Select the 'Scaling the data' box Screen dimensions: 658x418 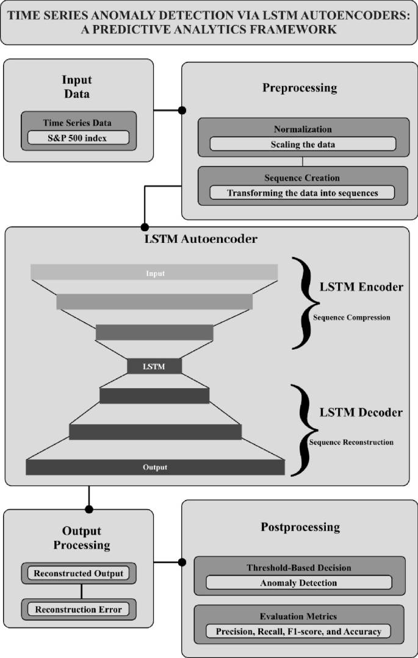coord(303,144)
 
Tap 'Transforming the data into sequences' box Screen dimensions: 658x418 coord(303,192)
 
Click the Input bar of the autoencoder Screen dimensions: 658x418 coord(154,273)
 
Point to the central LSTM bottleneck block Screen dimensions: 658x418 coord(154,366)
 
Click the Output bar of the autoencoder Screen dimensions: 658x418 coord(155,468)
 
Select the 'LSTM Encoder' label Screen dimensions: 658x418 coord(361,287)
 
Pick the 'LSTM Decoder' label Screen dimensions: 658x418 coord(361,413)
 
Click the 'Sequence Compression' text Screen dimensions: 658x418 coord(351,317)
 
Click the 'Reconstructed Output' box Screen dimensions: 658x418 coord(79,573)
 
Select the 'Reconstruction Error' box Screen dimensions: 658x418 coord(79,609)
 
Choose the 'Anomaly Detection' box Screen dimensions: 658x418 coord(299,582)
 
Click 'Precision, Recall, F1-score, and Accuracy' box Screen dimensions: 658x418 coord(299,631)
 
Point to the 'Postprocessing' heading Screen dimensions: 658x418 coord(300,527)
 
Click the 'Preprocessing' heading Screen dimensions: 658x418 coord(300,88)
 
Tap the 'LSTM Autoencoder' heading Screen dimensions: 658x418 coord(200,239)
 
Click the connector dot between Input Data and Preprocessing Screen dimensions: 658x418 coord(181,110)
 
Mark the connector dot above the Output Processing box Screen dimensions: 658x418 coord(89,509)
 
